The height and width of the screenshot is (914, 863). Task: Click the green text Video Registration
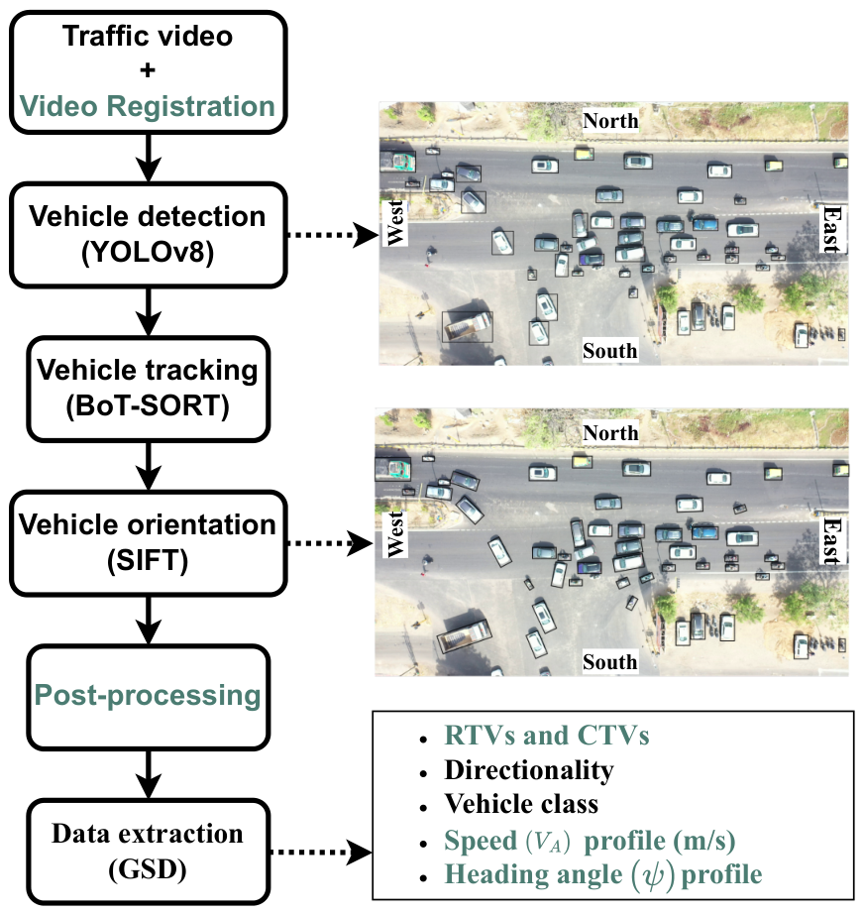point(148,107)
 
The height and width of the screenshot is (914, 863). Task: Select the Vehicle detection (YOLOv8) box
point(148,235)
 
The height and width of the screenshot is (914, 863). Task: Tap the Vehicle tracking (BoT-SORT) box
point(148,389)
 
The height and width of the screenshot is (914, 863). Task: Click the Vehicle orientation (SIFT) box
point(148,542)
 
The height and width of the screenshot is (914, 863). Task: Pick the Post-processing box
point(148,697)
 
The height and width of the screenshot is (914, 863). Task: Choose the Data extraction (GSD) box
point(148,851)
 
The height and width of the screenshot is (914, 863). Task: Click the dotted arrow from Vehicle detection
point(333,235)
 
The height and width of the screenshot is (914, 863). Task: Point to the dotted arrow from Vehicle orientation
point(330,543)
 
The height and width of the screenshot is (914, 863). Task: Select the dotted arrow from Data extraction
point(321,853)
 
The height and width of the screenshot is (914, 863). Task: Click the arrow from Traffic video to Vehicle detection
point(149,158)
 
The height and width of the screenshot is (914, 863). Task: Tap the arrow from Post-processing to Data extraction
point(149,774)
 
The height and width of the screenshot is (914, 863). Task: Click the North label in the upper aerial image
point(610,121)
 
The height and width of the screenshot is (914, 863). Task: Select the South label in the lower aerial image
point(610,662)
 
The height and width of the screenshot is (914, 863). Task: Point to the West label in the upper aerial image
point(395,223)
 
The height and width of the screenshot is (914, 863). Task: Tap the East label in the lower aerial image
point(832,540)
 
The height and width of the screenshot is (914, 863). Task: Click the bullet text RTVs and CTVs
point(547,736)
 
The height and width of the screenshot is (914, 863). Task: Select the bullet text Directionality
point(529,770)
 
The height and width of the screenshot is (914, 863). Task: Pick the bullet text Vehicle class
point(521,804)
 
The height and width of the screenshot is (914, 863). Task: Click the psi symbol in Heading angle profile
point(653,875)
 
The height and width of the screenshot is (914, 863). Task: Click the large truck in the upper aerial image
point(468,326)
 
